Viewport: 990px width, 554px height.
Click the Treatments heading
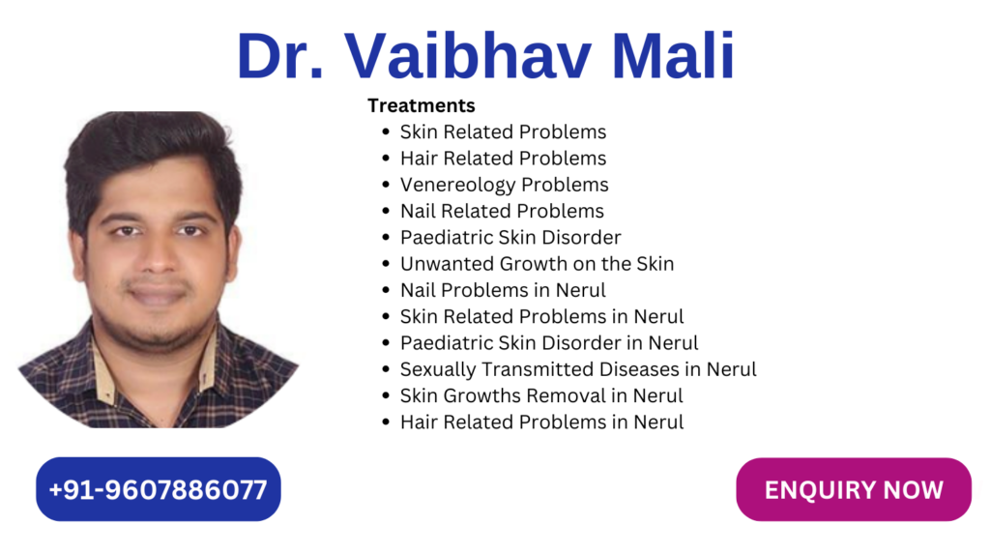[x=422, y=105]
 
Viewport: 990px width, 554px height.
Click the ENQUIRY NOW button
[x=854, y=489]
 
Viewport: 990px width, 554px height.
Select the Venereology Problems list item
[x=504, y=185]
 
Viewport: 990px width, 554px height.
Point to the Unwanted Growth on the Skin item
[x=537, y=263]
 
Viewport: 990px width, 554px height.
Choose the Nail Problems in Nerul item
[x=503, y=290]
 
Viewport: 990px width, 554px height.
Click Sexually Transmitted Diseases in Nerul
[x=578, y=369]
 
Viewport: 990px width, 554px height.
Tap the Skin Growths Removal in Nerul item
[x=541, y=395]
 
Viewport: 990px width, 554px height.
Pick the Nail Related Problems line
[x=502, y=211]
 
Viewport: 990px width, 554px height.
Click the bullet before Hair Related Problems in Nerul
[x=386, y=422]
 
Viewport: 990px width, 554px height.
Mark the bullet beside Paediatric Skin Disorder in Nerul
[x=386, y=343]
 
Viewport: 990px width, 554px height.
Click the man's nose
[x=158, y=256]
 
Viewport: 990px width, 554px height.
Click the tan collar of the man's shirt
[x=104, y=366]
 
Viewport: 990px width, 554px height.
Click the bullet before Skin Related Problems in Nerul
[x=386, y=316]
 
